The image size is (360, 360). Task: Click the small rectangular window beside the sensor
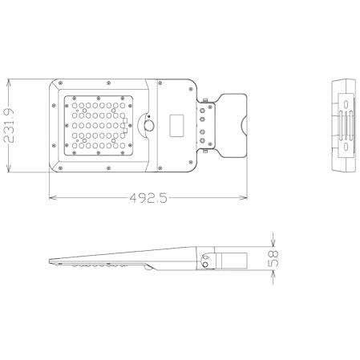179,125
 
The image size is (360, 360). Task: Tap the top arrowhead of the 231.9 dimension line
9,81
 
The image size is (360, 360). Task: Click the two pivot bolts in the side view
208,259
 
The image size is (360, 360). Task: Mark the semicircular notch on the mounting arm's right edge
242,124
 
